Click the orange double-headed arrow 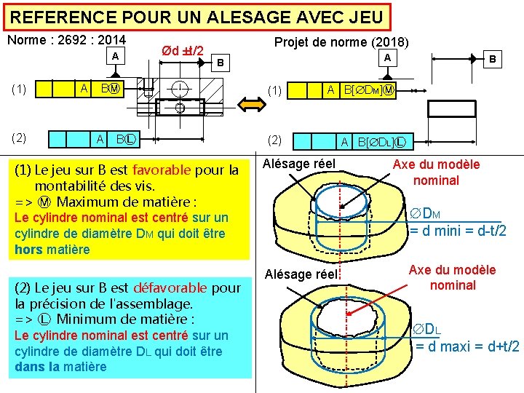[x=244, y=105]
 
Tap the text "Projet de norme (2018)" [x=341, y=43]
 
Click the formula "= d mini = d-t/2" [x=458, y=231]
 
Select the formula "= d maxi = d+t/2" [x=467, y=346]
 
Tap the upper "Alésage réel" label [x=299, y=164]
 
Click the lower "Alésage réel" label [x=301, y=274]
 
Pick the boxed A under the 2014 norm [x=114, y=57]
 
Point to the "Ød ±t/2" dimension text [x=182, y=52]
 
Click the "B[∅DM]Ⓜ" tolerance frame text [x=369, y=90]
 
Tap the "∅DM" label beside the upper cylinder [x=427, y=214]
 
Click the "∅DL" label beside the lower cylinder [x=427, y=329]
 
